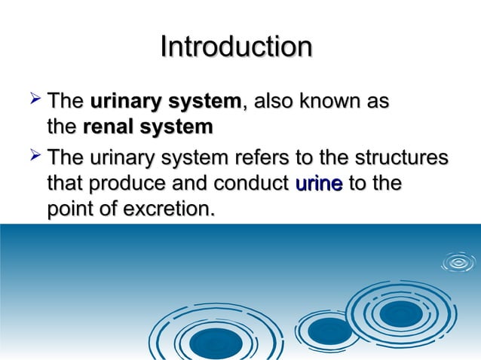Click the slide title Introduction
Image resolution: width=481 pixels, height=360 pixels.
point(236,47)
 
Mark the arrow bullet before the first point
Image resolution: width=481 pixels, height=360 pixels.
point(33,100)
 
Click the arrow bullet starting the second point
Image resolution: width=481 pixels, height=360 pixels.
point(33,158)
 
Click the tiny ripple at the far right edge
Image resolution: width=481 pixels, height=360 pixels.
point(458,262)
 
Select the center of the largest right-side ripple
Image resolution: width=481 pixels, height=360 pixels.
point(400,313)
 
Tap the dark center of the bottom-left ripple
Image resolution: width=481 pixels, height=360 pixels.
point(216,343)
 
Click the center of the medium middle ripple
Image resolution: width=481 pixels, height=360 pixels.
point(329,330)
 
